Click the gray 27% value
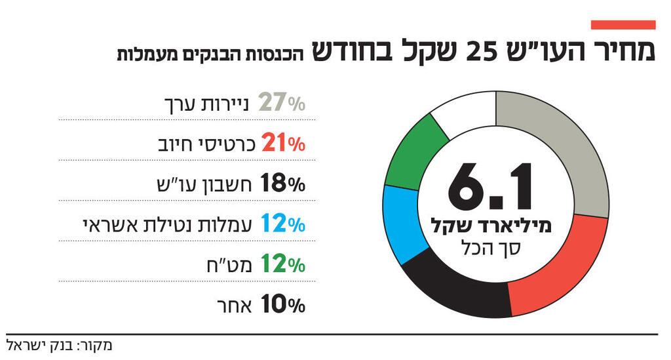(281, 103)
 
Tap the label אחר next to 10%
(237, 306)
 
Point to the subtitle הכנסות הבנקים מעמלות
(210, 54)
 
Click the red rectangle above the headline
(623, 25)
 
